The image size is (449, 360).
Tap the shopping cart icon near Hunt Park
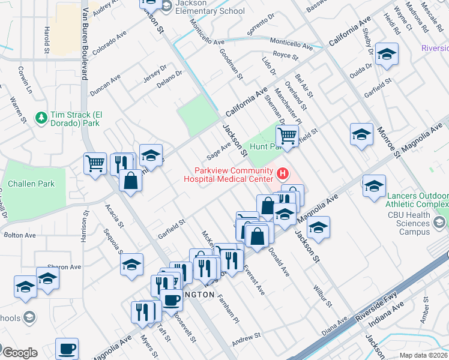coord(288,135)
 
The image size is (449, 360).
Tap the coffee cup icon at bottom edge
coord(67,347)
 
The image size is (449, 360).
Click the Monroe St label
coord(389,142)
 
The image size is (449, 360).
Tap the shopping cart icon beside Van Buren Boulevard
coord(95,163)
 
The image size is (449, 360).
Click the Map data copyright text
coord(423,355)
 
